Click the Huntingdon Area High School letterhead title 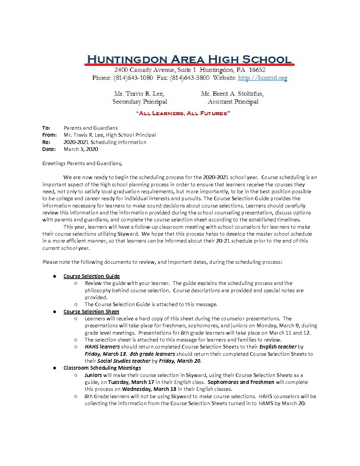[189, 60]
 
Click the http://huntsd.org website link [262, 78]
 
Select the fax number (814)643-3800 [190, 78]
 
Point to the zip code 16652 [257, 70]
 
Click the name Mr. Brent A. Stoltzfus [232, 94]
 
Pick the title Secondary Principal [140, 102]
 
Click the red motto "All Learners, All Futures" [183, 114]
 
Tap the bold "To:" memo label [46, 128]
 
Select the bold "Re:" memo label [46, 142]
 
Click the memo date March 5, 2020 [81, 149]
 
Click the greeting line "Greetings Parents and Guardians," [82, 163]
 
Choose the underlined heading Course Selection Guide [92, 276]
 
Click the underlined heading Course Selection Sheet [91, 311]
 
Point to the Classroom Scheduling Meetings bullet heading [102, 368]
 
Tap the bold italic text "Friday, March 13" [105, 354]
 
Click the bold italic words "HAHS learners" [102, 347]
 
